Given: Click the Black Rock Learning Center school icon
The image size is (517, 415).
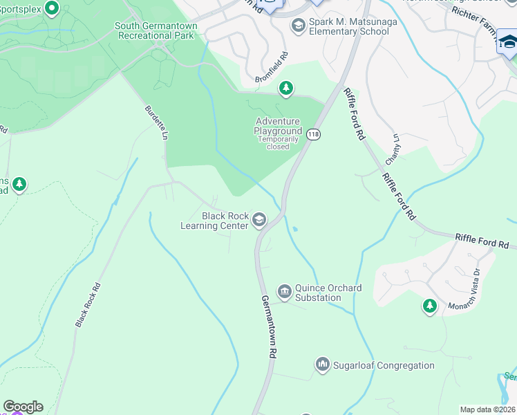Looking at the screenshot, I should pyautogui.click(x=259, y=220).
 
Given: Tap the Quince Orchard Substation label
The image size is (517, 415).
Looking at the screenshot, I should pyautogui.click(x=318, y=293).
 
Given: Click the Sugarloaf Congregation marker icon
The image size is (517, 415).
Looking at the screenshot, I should pyautogui.click(x=322, y=364).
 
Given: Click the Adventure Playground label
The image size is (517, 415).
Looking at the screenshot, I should pyautogui.click(x=278, y=126).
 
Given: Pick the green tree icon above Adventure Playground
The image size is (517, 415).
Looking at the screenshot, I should pyautogui.click(x=286, y=89).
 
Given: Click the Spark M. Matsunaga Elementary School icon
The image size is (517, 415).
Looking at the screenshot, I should pyautogui.click(x=299, y=26).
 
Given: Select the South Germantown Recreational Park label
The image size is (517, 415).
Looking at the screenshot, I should pyautogui.click(x=156, y=30).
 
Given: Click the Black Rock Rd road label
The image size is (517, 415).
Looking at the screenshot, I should pyautogui.click(x=88, y=304).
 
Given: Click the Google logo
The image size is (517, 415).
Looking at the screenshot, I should pyautogui.click(x=23, y=407).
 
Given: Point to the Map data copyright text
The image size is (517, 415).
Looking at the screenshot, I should pyautogui.click(x=488, y=409).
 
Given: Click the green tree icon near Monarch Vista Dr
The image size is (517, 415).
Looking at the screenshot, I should pyautogui.click(x=430, y=306).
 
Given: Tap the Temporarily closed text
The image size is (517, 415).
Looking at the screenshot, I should pyautogui.click(x=278, y=142).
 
